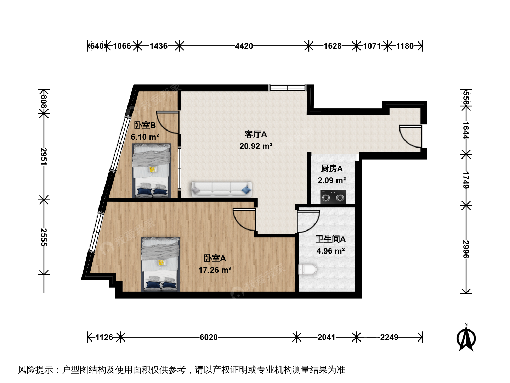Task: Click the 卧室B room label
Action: click(x=145, y=125)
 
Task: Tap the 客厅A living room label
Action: click(x=256, y=134)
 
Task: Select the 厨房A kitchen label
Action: click(x=331, y=168)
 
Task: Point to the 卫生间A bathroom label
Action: click(x=330, y=239)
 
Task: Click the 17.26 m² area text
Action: click(x=215, y=270)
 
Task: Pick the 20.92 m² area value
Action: click(x=256, y=146)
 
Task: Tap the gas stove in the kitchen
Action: click(x=333, y=197)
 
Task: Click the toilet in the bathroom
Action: click(x=308, y=270)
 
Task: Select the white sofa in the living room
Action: click(x=221, y=189)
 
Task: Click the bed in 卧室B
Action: click(x=152, y=171)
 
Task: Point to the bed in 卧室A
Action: click(x=160, y=264)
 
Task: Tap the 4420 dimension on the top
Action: click(x=244, y=46)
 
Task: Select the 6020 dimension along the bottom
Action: click(x=209, y=337)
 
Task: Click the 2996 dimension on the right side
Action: click(x=466, y=249)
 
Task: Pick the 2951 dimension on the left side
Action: click(x=44, y=156)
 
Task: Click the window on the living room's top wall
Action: click(x=288, y=88)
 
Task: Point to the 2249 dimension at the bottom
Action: click(x=389, y=337)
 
